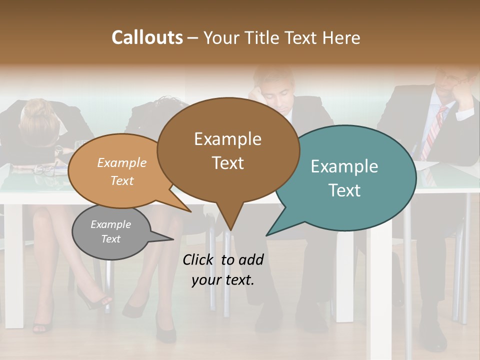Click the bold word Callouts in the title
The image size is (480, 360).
pos(147,37)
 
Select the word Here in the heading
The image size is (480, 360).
pos(341,38)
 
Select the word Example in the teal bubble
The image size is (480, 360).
pos(344,166)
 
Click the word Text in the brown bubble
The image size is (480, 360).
pos(228,163)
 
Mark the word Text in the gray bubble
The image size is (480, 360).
pos(111,239)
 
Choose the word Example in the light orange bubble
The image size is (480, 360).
pos(122,163)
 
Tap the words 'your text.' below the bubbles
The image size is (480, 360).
pos(223,280)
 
